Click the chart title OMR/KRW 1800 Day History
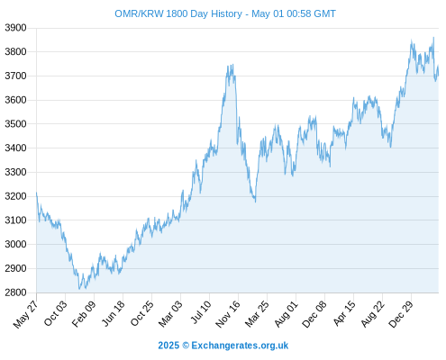click(178, 13)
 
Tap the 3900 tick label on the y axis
click(15, 28)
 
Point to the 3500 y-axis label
click(15, 124)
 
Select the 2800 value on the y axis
click(15, 292)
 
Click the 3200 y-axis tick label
click(15, 196)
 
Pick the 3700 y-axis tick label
click(15, 76)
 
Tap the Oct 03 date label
click(55, 313)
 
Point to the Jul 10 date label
click(201, 312)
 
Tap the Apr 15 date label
click(344, 313)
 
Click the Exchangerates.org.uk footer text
click(240, 346)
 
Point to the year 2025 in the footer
click(168, 346)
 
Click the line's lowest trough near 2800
click(79, 289)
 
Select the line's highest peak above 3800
click(433, 38)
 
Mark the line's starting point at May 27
click(37, 193)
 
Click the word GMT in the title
click(324, 13)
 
